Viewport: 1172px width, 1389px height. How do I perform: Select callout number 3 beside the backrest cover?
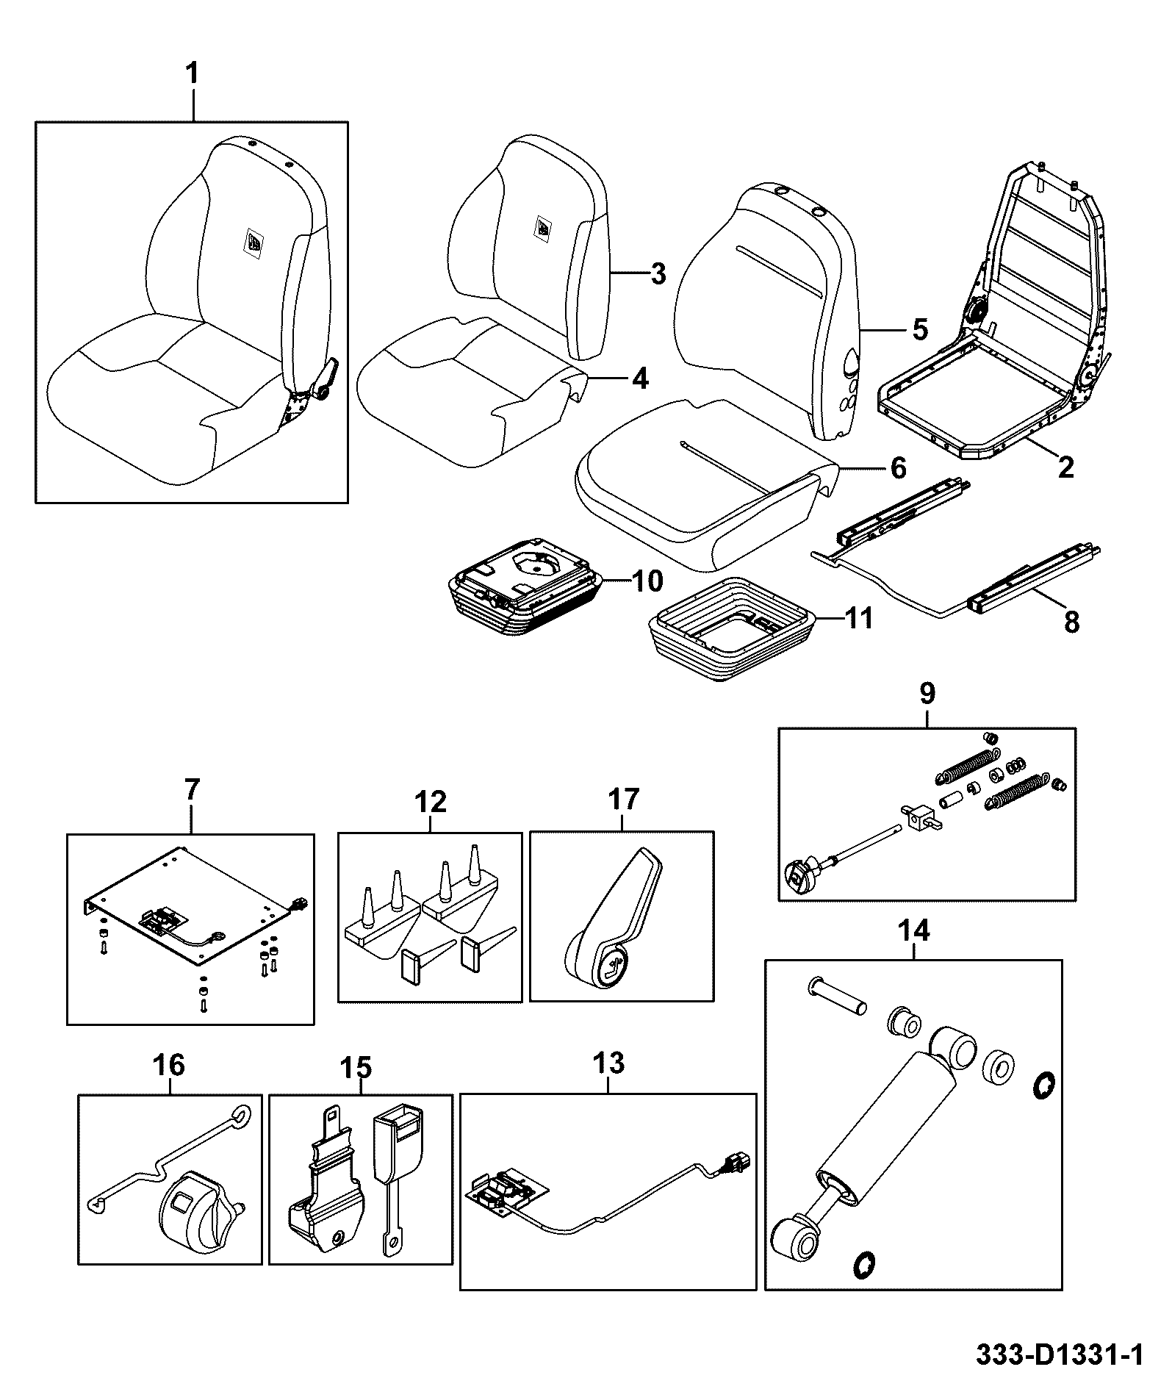(x=658, y=274)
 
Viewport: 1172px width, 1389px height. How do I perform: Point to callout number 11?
(x=859, y=618)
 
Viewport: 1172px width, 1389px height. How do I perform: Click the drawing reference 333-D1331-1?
(x=1060, y=1354)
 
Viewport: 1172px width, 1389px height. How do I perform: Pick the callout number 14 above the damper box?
(x=913, y=931)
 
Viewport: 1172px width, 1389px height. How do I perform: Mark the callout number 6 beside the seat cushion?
(x=898, y=467)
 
